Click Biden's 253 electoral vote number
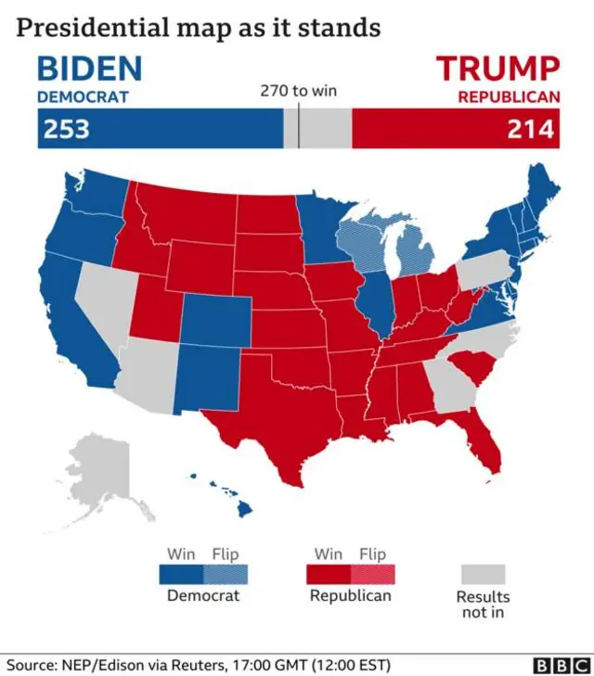pyautogui.click(x=65, y=129)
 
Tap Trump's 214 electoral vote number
pyautogui.click(x=531, y=129)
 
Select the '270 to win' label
pyautogui.click(x=297, y=91)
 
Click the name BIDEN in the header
pyautogui.click(x=89, y=69)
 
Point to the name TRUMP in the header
pyautogui.click(x=498, y=69)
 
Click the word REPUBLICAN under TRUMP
pyautogui.click(x=509, y=96)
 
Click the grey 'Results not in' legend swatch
pyautogui.click(x=482, y=575)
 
